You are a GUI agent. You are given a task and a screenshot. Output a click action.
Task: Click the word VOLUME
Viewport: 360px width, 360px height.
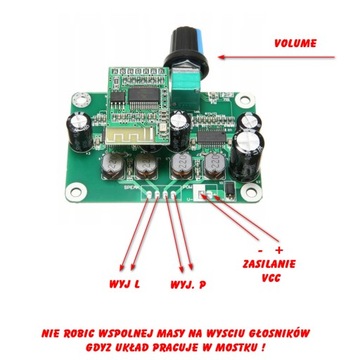coord(309,43)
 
